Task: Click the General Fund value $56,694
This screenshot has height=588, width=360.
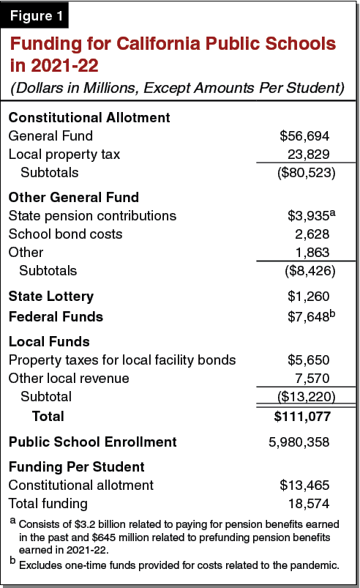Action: pos(304,136)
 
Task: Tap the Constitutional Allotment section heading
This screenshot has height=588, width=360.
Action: pos(89,117)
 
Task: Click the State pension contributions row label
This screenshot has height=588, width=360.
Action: pos(92,216)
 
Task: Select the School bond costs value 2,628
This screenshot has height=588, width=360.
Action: pos(310,234)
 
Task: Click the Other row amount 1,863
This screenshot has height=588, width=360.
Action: pos(310,253)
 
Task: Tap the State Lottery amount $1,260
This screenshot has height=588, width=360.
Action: pos(307,297)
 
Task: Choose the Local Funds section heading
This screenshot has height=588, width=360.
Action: pos(49,341)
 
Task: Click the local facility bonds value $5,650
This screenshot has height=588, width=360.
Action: pos(307,360)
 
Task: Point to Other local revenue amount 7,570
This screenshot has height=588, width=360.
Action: pos(310,379)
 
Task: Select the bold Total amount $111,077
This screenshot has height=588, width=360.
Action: pos(302,417)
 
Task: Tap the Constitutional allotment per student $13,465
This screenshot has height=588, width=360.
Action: pos(304,485)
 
